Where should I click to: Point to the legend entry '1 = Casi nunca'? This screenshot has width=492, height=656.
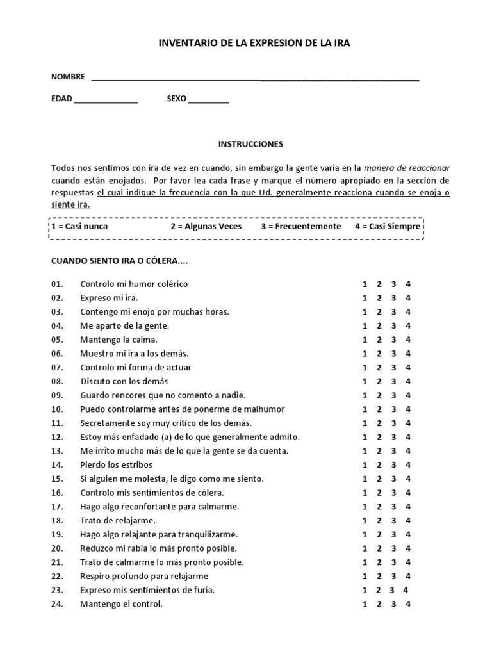[x=80, y=227]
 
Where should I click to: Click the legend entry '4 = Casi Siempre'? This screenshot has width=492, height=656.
[x=388, y=227]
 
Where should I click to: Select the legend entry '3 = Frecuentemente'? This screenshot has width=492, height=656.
[x=301, y=227]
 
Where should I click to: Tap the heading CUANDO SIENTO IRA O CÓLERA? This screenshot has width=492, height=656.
[x=119, y=262]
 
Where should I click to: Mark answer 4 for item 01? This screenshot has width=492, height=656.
[x=408, y=284]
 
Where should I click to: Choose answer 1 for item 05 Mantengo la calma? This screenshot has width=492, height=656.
[x=365, y=340]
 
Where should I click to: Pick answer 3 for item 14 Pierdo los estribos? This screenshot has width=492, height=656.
[x=393, y=464]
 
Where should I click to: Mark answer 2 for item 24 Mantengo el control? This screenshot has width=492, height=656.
[x=379, y=604]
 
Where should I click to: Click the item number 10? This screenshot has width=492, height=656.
[x=58, y=409]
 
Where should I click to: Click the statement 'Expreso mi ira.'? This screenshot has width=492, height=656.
[x=109, y=298]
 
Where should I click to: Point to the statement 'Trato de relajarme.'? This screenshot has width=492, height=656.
[x=118, y=521]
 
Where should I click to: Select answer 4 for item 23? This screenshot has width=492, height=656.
[x=405, y=590]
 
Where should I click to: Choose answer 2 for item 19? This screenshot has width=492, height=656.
[x=379, y=534]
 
